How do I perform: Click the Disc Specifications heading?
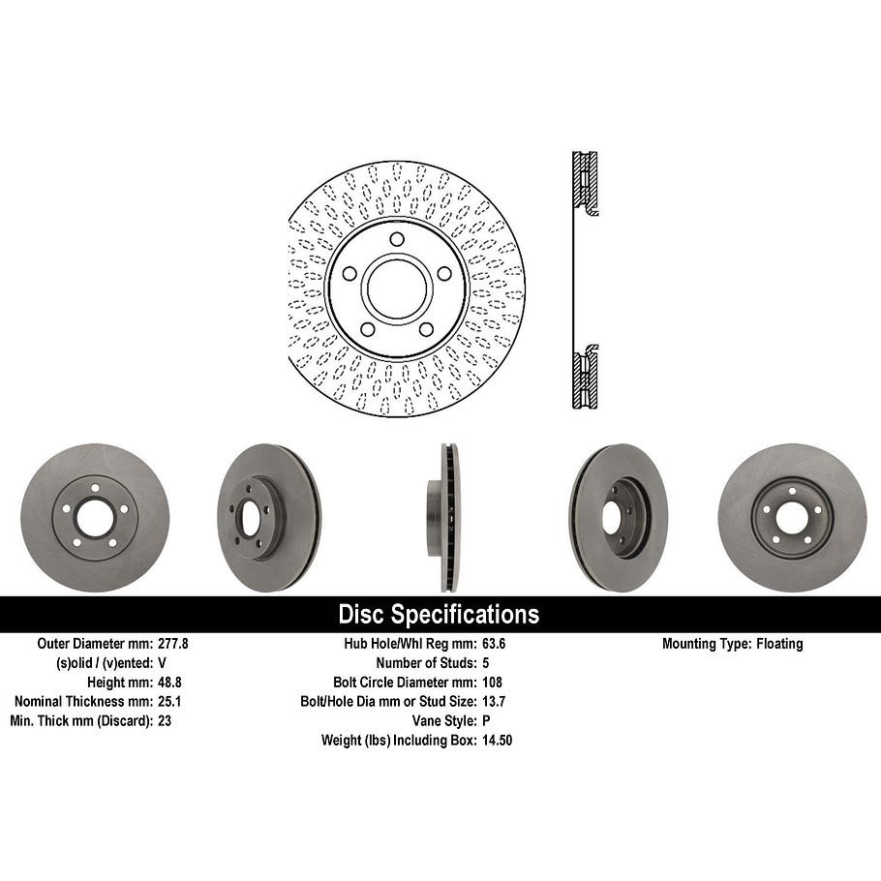tap(439, 615)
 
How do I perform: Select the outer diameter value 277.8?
tap(174, 644)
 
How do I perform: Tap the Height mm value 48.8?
tap(169, 683)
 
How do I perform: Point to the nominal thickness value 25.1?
tap(169, 702)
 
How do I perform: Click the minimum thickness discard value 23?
tap(165, 721)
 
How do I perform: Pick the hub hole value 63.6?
tap(493, 644)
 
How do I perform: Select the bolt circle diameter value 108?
tap(491, 683)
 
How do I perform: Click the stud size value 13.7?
tap(493, 702)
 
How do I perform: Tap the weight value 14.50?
tap(497, 741)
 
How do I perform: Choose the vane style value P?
tap(485, 721)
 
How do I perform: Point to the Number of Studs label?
tap(425, 663)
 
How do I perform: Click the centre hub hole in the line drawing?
tap(397, 286)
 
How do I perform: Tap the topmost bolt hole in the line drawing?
tap(397, 240)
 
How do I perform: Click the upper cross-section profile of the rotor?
tap(585, 184)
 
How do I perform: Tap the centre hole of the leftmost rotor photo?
tap(95, 519)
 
